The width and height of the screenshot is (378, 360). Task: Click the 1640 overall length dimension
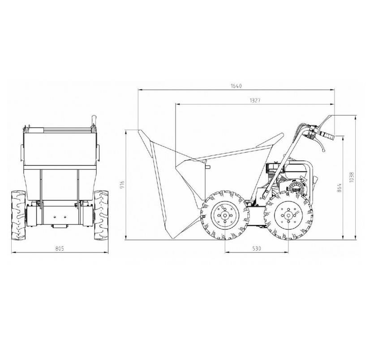click(236, 86)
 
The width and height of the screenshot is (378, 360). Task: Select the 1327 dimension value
click(255, 100)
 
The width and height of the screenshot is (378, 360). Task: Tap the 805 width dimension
click(60, 249)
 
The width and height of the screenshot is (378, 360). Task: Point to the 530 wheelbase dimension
click(257, 249)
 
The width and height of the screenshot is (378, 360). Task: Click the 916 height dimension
click(122, 184)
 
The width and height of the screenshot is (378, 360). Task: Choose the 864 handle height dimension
click(339, 188)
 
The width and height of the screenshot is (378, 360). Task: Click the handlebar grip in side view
click(326, 135)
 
